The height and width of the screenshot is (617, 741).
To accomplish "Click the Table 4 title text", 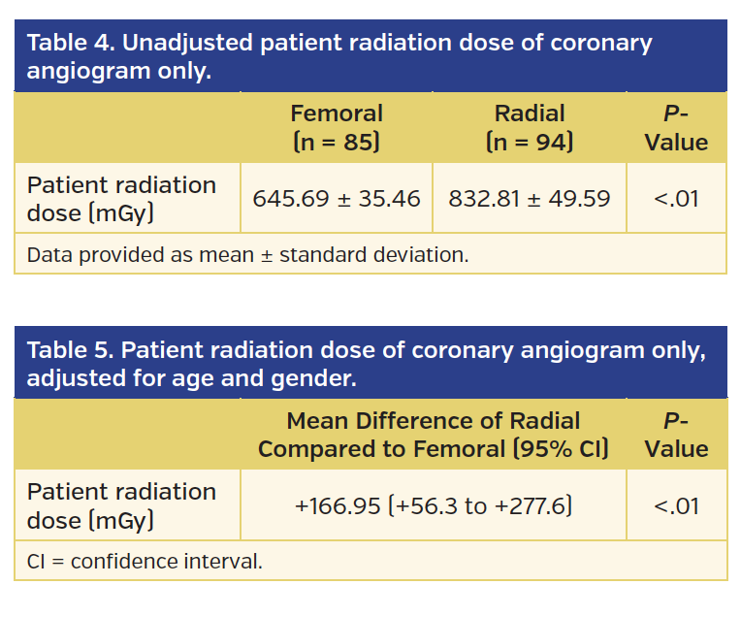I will click(x=339, y=56).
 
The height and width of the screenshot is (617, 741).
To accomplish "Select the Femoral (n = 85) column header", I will click(x=337, y=128).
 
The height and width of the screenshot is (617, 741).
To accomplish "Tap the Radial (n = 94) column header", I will click(x=530, y=128).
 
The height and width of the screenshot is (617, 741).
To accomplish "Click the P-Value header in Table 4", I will click(x=676, y=128).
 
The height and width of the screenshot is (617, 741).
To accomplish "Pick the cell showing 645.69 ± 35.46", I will click(x=337, y=199).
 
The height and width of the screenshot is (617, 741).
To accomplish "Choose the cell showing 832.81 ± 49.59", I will click(x=530, y=199).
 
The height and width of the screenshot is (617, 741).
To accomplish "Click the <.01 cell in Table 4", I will click(x=676, y=199).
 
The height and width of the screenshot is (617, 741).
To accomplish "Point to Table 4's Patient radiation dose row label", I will click(x=121, y=199).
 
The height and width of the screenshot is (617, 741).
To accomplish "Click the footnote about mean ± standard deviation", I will click(x=247, y=255).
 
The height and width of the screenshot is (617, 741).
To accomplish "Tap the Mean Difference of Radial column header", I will click(x=434, y=435).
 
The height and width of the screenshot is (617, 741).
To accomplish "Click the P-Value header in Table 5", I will click(x=676, y=435).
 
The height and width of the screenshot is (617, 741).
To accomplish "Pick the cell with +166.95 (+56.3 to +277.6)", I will click(x=434, y=506).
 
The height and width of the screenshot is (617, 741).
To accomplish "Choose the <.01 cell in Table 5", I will click(x=676, y=506).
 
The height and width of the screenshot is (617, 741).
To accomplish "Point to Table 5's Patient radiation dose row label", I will click(x=121, y=506).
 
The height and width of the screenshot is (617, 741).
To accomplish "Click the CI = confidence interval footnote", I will click(x=145, y=562).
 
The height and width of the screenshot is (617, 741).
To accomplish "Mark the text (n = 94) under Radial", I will click(x=530, y=143).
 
